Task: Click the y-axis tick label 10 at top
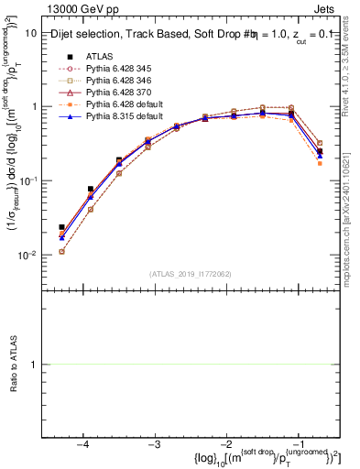(x=31, y=33)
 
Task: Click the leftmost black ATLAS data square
(x=61, y=227)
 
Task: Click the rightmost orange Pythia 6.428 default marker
(x=320, y=162)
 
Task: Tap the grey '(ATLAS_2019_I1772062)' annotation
(x=190, y=273)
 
